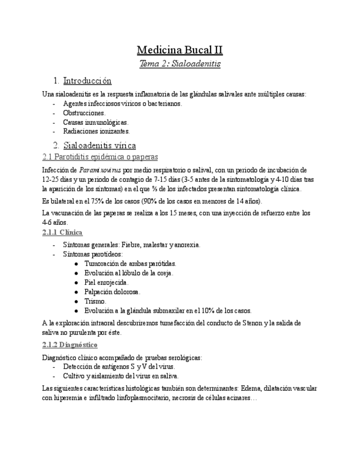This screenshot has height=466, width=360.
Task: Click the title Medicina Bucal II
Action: point(180,51)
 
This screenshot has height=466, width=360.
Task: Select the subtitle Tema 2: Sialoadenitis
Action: point(180,64)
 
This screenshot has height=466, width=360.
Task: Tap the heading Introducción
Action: point(87,81)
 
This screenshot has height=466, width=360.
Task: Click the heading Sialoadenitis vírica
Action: point(99,146)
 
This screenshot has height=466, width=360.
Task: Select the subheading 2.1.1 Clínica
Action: point(62,232)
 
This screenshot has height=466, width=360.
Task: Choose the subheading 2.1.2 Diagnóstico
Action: point(70,345)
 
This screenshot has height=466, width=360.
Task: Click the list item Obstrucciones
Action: point(84,113)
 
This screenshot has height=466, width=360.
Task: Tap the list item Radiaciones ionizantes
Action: point(96,131)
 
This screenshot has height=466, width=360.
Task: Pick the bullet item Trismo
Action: point(95,301)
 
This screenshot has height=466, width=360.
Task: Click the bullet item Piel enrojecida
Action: point(107,282)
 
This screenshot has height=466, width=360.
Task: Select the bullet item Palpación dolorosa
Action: point(112,292)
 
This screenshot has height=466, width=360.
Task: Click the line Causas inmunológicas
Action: point(95,122)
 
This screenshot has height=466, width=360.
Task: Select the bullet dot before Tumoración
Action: point(75,264)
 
